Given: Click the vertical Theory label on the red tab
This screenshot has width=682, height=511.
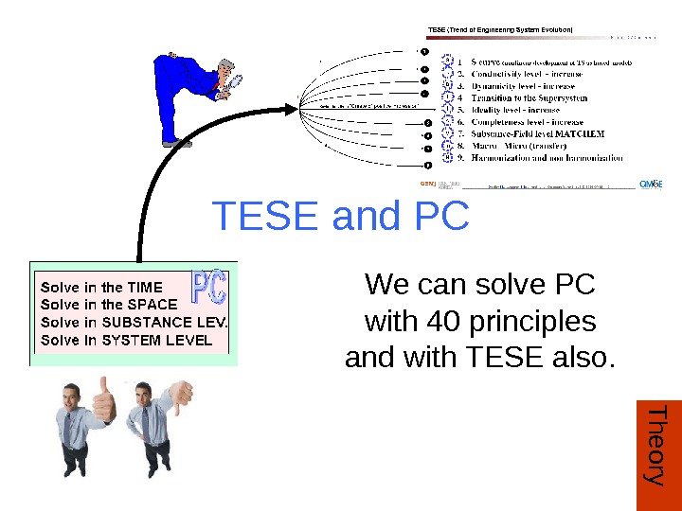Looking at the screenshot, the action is click(655, 445).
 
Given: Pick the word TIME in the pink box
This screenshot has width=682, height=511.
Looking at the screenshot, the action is click(145, 287).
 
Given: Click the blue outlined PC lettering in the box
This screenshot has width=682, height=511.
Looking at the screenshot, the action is click(210, 289).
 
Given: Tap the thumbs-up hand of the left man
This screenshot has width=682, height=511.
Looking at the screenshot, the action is click(103, 402).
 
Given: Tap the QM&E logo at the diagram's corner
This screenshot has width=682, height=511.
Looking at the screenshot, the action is click(651, 184).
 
